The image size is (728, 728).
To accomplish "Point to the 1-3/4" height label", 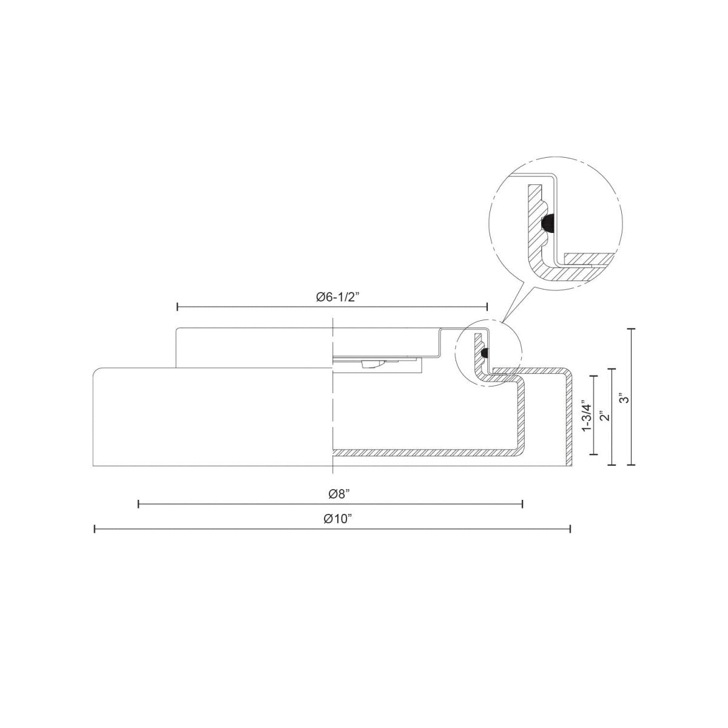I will click(x=585, y=416).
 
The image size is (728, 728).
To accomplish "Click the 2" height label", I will click(x=603, y=416).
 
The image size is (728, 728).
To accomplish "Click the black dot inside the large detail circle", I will click(x=547, y=224).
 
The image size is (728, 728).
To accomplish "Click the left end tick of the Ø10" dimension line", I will click(x=95, y=530).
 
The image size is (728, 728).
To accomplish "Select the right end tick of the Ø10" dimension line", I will click(x=570, y=530).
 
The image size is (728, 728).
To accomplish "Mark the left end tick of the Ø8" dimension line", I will click(x=138, y=504).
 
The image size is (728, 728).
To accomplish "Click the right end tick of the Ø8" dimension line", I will click(x=522, y=504).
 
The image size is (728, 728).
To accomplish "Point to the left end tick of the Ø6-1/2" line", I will click(x=177, y=308).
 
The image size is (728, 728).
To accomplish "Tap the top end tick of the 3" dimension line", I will click(x=633, y=328).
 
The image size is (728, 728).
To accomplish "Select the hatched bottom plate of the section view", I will click(x=425, y=453).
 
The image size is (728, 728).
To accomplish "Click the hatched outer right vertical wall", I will click(x=568, y=419).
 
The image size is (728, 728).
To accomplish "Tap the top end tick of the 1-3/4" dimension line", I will click(x=595, y=377).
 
